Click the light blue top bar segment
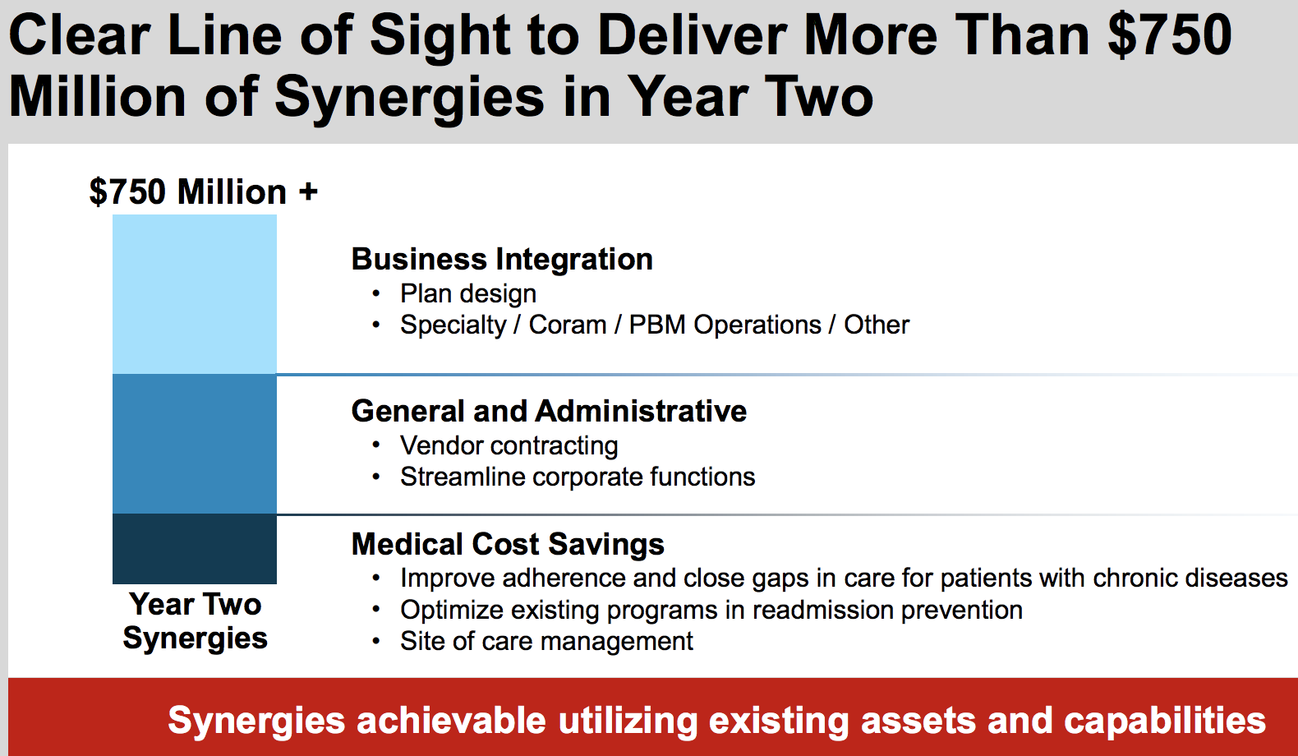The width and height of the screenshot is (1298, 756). point(195,294)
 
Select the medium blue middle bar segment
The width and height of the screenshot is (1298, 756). point(195,444)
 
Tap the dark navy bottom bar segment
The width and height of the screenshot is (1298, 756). point(195,548)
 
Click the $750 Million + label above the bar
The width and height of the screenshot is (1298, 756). point(204,192)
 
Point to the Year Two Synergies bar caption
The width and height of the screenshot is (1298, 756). point(196,621)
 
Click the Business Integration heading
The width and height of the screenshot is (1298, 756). point(502,259)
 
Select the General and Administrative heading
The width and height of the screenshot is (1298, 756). point(549,411)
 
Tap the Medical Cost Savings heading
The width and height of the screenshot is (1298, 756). point(508,544)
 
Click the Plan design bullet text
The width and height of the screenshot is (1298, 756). point(468,294)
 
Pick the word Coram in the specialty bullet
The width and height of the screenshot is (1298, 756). point(568,325)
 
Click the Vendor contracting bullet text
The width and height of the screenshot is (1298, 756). point(509,446)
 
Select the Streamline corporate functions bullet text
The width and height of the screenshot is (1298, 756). point(578,477)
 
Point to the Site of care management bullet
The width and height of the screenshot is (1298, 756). point(546,641)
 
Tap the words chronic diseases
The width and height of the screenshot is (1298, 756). point(1190,578)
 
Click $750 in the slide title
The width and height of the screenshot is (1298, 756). point(1170,35)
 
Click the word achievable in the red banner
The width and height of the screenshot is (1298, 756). point(451,721)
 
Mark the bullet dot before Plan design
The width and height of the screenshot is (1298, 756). point(376,294)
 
